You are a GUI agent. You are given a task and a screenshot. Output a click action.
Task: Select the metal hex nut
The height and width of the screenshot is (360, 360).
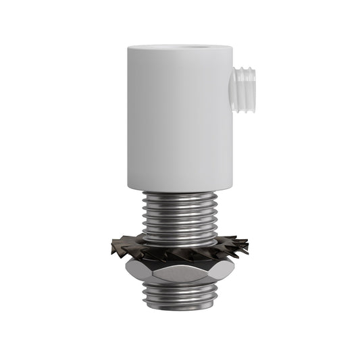pyautogui.click(x=179, y=274)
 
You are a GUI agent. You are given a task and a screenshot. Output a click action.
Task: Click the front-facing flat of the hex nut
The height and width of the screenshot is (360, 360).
pyautogui.click(x=180, y=274)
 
